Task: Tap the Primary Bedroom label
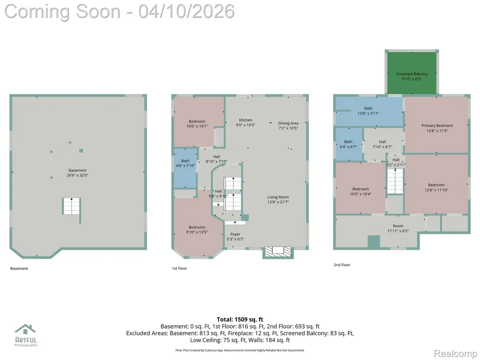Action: pyautogui.click(x=437, y=126)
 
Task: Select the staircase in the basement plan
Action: pyautogui.click(x=72, y=206)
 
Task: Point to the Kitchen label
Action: pyautogui.click(x=246, y=120)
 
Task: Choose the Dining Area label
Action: pyautogui.click(x=288, y=123)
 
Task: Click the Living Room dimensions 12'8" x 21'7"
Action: pyautogui.click(x=278, y=202)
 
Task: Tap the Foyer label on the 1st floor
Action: pyautogui.click(x=235, y=234)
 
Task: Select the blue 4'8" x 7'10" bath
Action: pyautogui.click(x=185, y=168)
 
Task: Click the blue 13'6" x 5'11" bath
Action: pyautogui.click(x=369, y=111)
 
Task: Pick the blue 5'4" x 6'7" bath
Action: pyautogui.click(x=349, y=144)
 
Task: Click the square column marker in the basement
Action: pyautogui.click(x=81, y=150)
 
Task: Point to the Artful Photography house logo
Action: pyautogui.click(x=26, y=330)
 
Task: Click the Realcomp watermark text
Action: pyautogui.click(x=456, y=353)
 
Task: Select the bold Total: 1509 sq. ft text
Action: pyautogui.click(x=240, y=320)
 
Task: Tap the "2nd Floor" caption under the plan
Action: pyautogui.click(x=342, y=265)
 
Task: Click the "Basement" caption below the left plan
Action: pyautogui.click(x=19, y=269)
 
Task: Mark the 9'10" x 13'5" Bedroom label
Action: pyautogui.click(x=197, y=230)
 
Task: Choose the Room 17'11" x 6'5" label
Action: pyautogui.click(x=398, y=228)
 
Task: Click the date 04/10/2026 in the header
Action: pyautogui.click(x=187, y=11)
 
